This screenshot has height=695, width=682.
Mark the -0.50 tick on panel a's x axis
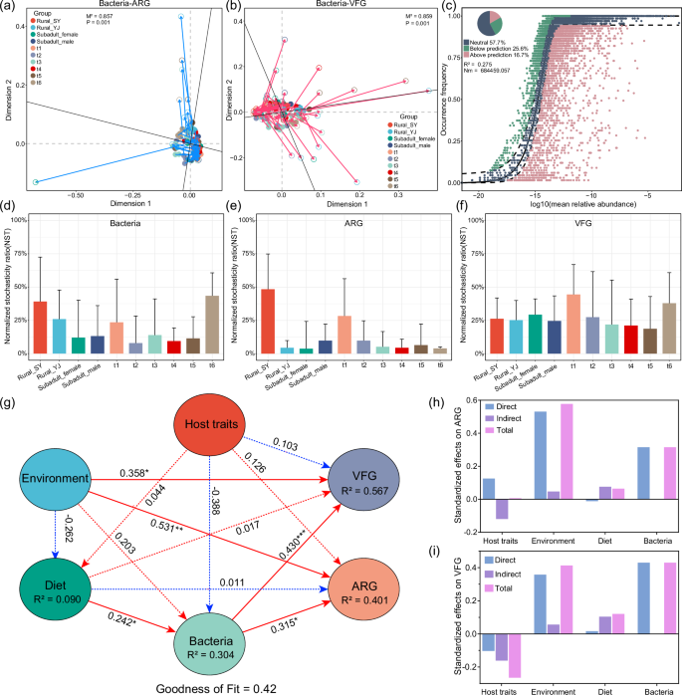[x=68, y=196]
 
